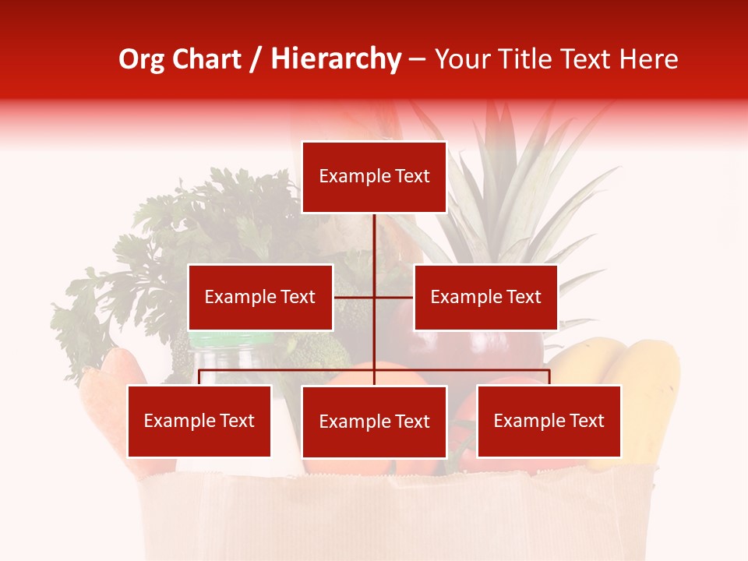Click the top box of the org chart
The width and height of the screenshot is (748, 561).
pos(374,177)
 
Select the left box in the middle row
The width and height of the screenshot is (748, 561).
pos(260,297)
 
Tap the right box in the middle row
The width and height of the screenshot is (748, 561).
pos(485,297)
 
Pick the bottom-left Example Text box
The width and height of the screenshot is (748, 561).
pos(199,421)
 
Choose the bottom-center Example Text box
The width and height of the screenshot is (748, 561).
pos(374,422)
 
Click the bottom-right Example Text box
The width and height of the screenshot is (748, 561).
pos(549,421)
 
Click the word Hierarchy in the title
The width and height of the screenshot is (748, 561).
pos(335,59)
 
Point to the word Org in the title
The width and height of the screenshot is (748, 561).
pos(141,59)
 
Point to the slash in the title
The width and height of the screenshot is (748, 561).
pos(256,59)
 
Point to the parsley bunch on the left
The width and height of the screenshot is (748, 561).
pos(156,257)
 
